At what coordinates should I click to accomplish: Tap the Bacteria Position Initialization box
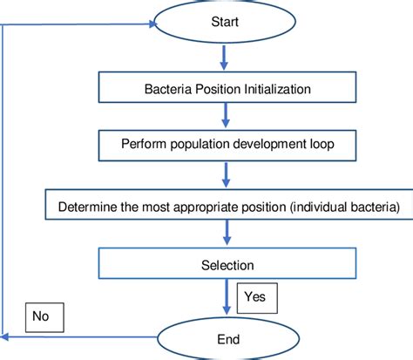[x=226, y=88]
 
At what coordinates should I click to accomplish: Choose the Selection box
[x=226, y=264]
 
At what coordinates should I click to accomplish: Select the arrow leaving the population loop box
[x=226, y=177]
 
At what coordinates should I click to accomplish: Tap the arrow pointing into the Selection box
[x=226, y=234]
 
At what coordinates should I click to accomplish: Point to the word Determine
[x=86, y=207]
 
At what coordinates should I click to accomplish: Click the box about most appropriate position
[x=226, y=207]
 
